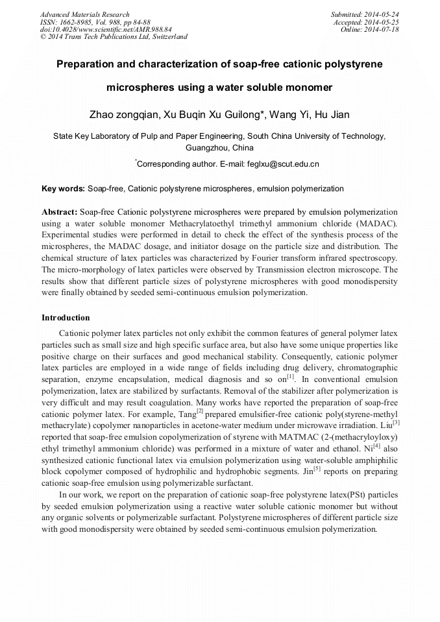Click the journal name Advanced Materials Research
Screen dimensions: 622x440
pyautogui.click(x=84, y=14)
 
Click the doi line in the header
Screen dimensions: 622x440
pyautogui.click(x=106, y=29)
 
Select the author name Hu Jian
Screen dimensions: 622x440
pyautogui.click(x=332, y=115)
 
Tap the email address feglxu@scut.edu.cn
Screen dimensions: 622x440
pyautogui.click(x=282, y=164)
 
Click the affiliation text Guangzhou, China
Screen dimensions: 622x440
pyautogui.click(x=219, y=148)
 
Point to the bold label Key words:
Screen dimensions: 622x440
pyautogui.click(x=63, y=189)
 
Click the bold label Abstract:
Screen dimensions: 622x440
pyautogui.click(x=60, y=212)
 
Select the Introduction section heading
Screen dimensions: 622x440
pyautogui.click(x=66, y=318)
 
